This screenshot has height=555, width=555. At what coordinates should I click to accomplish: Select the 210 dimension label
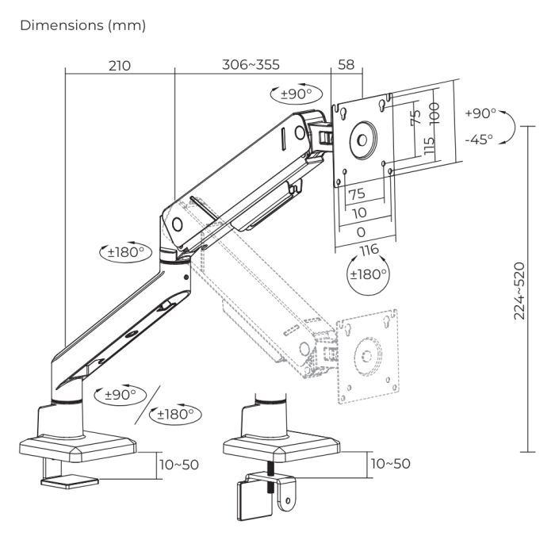[120, 65]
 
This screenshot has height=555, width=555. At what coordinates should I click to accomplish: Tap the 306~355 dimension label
[252, 65]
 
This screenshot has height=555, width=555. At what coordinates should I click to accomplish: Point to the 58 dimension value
[346, 65]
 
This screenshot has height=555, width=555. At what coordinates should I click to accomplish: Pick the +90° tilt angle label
[480, 113]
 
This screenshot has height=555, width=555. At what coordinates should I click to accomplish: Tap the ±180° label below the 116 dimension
[369, 275]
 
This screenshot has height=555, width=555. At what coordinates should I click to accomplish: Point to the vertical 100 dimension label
[434, 108]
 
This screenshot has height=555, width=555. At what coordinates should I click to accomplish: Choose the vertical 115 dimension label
[429, 147]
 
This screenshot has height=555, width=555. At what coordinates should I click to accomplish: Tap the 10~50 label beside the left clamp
[179, 464]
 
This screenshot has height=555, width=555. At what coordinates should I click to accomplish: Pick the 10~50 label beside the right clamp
[391, 464]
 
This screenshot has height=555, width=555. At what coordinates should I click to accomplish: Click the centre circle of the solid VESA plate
[360, 139]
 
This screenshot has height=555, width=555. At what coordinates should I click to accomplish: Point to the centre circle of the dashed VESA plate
[366, 354]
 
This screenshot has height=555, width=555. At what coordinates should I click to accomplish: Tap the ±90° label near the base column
[117, 393]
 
